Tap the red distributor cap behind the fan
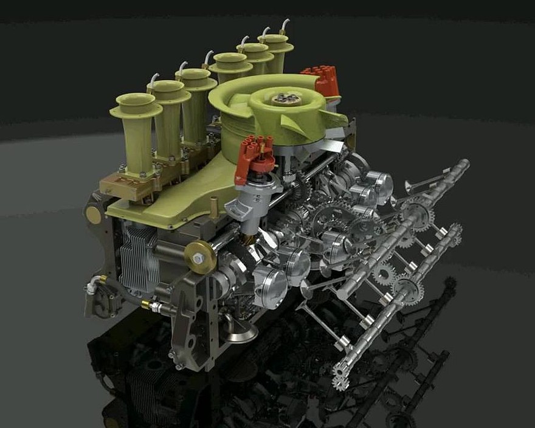(320, 81)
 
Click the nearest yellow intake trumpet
(135, 131)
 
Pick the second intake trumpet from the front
(168, 112)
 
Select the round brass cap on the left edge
(93, 215)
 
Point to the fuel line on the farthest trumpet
(283, 26)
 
